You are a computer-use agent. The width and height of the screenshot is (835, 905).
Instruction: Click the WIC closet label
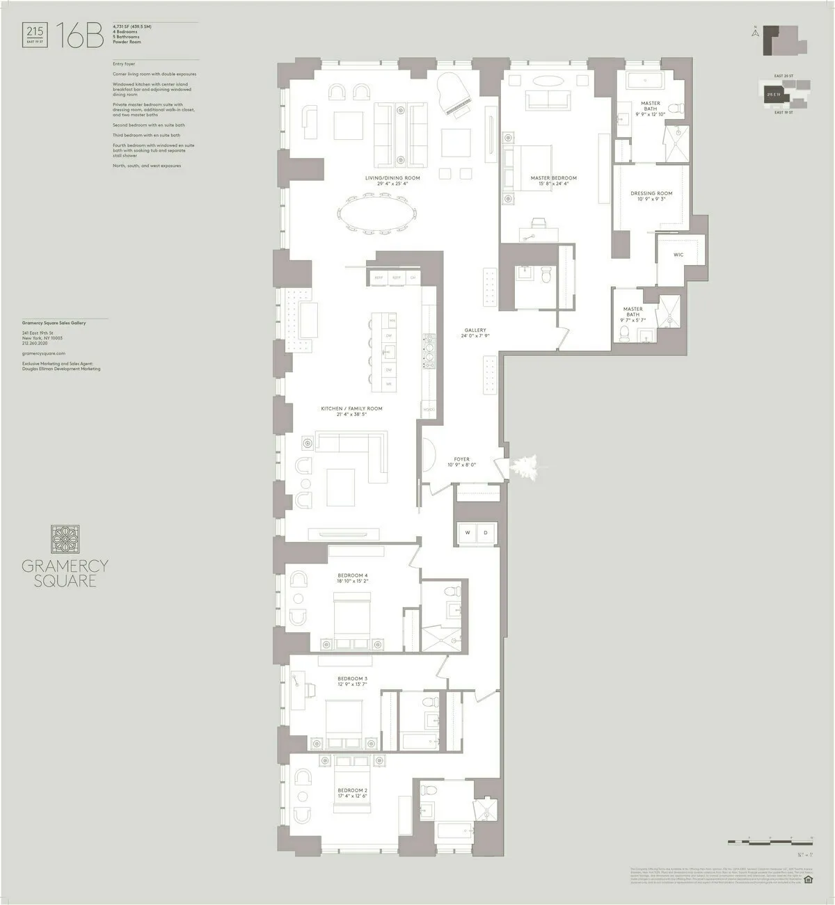[x=678, y=255]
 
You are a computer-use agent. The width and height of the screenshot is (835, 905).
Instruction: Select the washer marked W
[x=466, y=533]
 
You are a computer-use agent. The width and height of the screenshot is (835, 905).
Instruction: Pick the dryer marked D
[x=486, y=533]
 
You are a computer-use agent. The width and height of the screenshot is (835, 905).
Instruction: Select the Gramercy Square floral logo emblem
[x=65, y=540]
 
